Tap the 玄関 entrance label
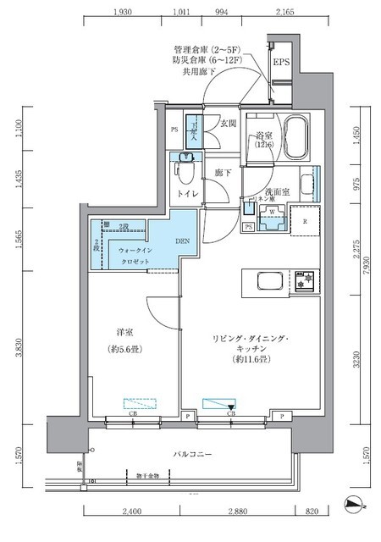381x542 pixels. (x=228, y=123)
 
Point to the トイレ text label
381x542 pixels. (x=188, y=194)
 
